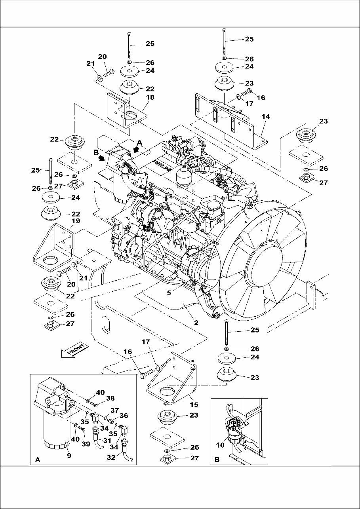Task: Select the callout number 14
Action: click(x=266, y=116)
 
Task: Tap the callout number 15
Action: click(x=194, y=405)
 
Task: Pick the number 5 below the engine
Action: click(x=169, y=293)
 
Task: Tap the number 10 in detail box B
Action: click(x=220, y=445)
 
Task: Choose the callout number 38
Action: click(x=111, y=399)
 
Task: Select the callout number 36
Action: click(x=124, y=416)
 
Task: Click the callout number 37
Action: click(x=114, y=410)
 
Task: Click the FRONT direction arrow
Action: click(x=74, y=351)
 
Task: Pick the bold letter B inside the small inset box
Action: click(x=217, y=460)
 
